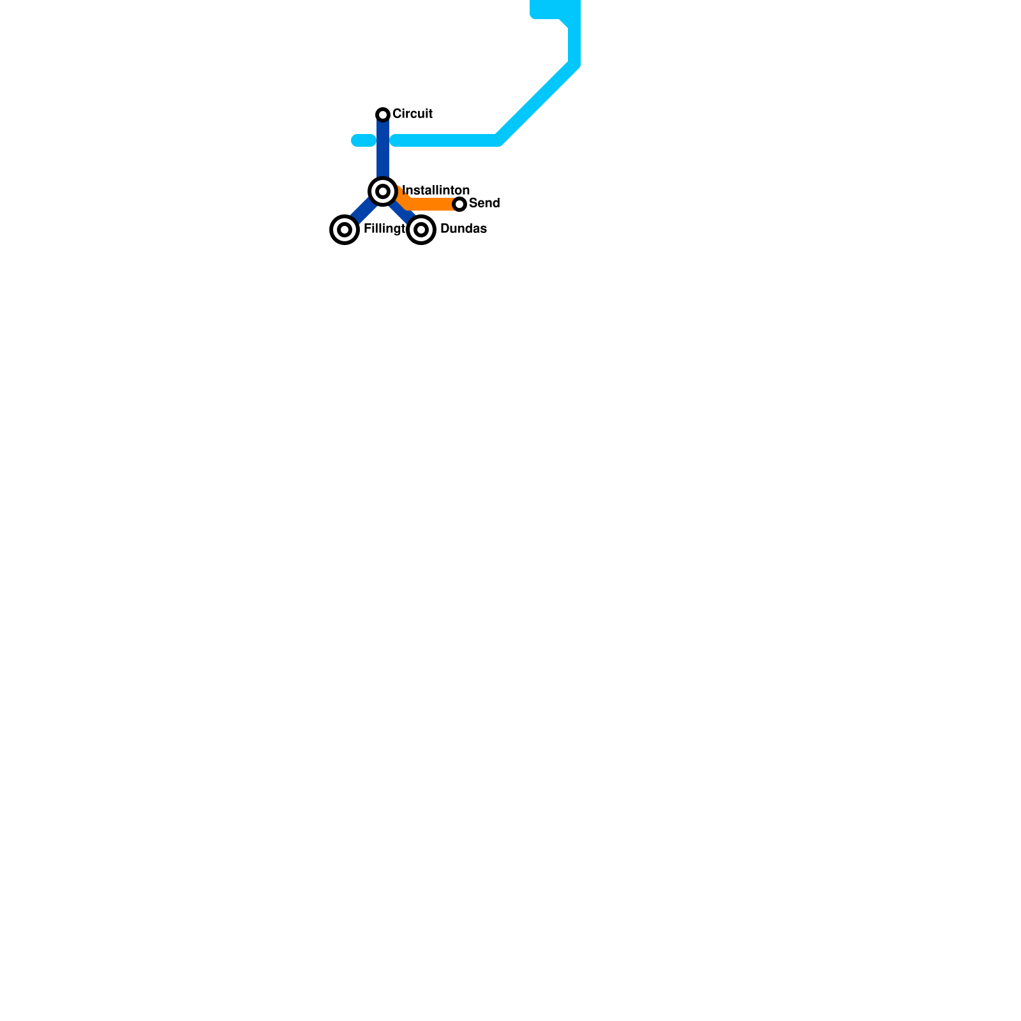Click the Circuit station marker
[x=383, y=115]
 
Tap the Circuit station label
[x=412, y=114]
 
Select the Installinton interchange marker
[x=383, y=191]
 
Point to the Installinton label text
[x=436, y=191]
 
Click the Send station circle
[x=459, y=204]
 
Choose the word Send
[x=484, y=204]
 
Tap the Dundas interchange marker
[x=421, y=230]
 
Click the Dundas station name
[x=463, y=229]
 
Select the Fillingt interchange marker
[x=345, y=230]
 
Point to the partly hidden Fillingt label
[x=384, y=229]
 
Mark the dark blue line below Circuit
[x=383, y=160]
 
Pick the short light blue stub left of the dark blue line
[x=363, y=140]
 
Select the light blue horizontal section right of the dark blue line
[x=447, y=140]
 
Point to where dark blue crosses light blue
[x=383, y=140]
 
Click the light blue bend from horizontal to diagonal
[x=498, y=140]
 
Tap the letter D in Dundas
[x=445, y=229]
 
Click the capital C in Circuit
[x=396, y=114]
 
